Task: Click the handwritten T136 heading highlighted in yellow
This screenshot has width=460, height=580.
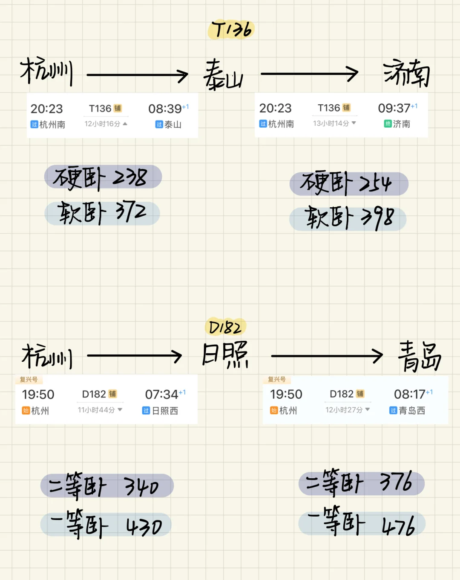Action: (x=231, y=30)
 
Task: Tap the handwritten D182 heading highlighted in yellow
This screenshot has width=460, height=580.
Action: (x=225, y=327)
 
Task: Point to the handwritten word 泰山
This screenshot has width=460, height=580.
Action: (x=223, y=75)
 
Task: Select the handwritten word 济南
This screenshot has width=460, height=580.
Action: (x=406, y=74)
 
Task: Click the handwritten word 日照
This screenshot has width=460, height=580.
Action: (x=224, y=354)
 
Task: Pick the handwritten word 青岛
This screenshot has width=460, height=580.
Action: (x=419, y=356)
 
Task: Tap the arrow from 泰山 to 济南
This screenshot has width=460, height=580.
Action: (x=309, y=74)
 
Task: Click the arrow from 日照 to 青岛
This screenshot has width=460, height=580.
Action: (x=327, y=356)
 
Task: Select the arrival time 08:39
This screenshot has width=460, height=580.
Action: (x=165, y=109)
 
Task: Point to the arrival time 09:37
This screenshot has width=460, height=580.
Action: (x=394, y=108)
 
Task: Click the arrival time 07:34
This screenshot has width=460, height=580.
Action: (x=161, y=394)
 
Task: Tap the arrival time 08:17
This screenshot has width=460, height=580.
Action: (x=409, y=394)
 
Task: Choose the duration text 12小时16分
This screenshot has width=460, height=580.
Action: (x=103, y=124)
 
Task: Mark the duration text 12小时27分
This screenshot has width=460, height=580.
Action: (x=344, y=410)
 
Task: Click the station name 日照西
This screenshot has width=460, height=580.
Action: (x=165, y=411)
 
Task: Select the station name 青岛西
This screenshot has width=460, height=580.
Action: (x=412, y=410)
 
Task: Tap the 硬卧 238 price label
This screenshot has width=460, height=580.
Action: (x=103, y=177)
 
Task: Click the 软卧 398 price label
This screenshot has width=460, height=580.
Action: (x=348, y=219)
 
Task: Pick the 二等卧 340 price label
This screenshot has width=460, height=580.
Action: (x=106, y=486)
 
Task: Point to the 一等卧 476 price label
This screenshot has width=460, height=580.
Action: (x=362, y=524)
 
